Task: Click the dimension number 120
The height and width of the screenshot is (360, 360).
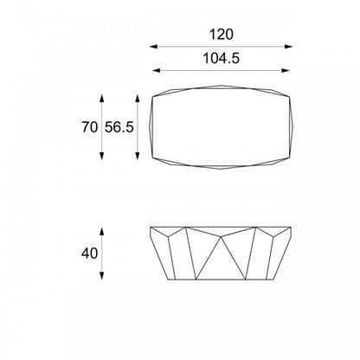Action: point(221,35)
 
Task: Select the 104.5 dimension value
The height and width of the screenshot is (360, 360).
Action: point(222,58)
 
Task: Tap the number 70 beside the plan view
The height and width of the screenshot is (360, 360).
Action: point(90,127)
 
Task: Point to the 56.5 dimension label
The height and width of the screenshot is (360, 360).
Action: point(119,127)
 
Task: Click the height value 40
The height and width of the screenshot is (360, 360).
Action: point(89,254)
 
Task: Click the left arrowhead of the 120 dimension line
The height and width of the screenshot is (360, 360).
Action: point(153,47)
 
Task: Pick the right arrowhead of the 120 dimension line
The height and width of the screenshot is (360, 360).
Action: point(288,47)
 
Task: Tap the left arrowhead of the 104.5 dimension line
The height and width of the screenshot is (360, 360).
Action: point(156,70)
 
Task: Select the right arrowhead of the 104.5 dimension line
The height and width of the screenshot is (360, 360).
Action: point(286,70)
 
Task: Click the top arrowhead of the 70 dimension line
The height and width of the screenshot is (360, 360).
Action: point(101,99)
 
